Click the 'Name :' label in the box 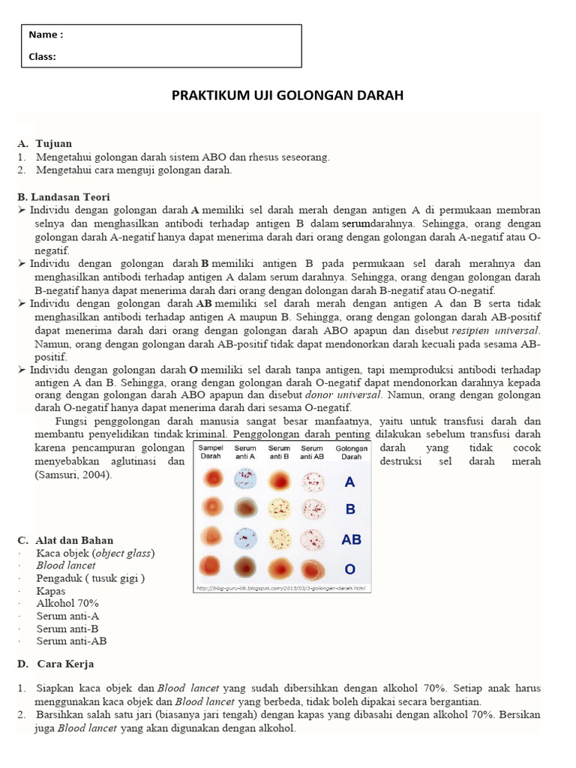pyautogui.click(x=46, y=35)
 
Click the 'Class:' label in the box pyautogui.click(x=43, y=56)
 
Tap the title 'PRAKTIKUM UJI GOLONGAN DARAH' pyautogui.click(x=288, y=95)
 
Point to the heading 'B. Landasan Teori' pyautogui.click(x=64, y=196)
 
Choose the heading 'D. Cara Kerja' pyautogui.click(x=55, y=664)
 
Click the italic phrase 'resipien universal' pyautogui.click(x=496, y=330)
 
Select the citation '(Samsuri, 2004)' pyautogui.click(x=73, y=475)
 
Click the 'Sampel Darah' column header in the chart pyautogui.click(x=211, y=452)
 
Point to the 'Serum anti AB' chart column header pyautogui.click(x=311, y=452)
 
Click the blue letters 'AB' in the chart pyautogui.click(x=351, y=538)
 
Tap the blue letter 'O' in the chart pyautogui.click(x=350, y=568)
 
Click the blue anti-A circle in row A pyautogui.click(x=245, y=480)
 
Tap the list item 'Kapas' pyautogui.click(x=51, y=590)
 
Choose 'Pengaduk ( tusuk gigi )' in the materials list pyautogui.click(x=90, y=577)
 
